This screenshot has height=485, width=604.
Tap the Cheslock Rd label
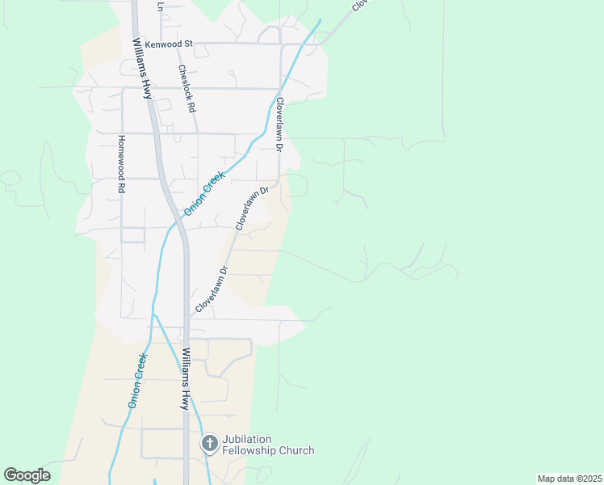[x=187, y=88]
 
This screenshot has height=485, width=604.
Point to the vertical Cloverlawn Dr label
[x=280, y=125]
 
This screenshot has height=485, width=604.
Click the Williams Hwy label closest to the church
[x=187, y=378]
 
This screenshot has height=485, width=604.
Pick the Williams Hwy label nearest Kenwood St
[x=142, y=69]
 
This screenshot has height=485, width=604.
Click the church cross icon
[x=209, y=443]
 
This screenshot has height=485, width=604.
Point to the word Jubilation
[x=254, y=439]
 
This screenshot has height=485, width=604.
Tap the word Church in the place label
[x=296, y=450]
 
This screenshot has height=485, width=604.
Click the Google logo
[x=27, y=475]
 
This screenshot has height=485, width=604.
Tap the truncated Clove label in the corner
[x=359, y=6]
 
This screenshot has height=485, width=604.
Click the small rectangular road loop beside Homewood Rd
[x=132, y=234]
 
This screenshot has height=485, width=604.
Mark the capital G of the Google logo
[x=11, y=475]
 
